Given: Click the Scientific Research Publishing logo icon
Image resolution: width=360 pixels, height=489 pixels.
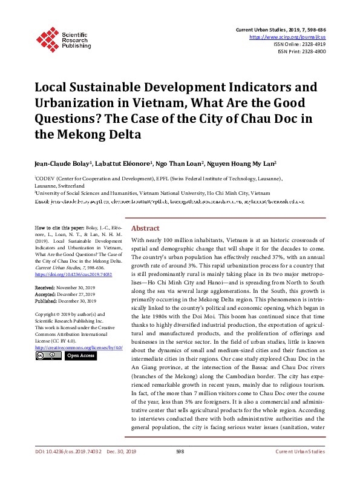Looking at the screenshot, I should (46, 37).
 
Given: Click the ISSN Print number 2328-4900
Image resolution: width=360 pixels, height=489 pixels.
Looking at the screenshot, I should (313, 52).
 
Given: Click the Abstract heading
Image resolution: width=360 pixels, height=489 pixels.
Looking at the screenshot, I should (145, 228).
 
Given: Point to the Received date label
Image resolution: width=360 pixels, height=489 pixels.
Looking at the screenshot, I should (45, 287).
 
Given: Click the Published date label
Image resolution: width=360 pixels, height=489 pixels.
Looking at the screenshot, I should (47, 300).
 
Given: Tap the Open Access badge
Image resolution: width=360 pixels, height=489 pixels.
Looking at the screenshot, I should (80, 356).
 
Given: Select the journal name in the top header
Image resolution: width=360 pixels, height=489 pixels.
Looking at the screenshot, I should (264, 29).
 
